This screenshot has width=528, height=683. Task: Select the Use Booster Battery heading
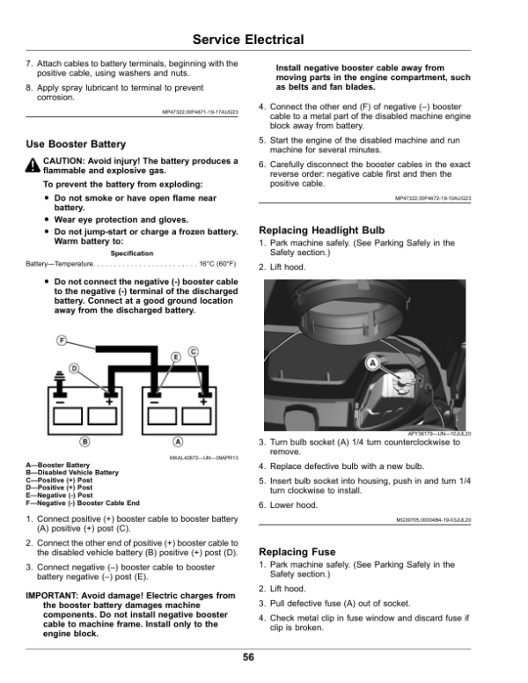77,143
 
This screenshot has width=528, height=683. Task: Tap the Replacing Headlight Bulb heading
321,231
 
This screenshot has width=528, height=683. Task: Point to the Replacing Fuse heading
297,552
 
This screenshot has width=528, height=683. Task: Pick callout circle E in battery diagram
175,356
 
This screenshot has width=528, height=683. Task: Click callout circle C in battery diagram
193,351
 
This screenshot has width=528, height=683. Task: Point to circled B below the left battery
85,440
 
